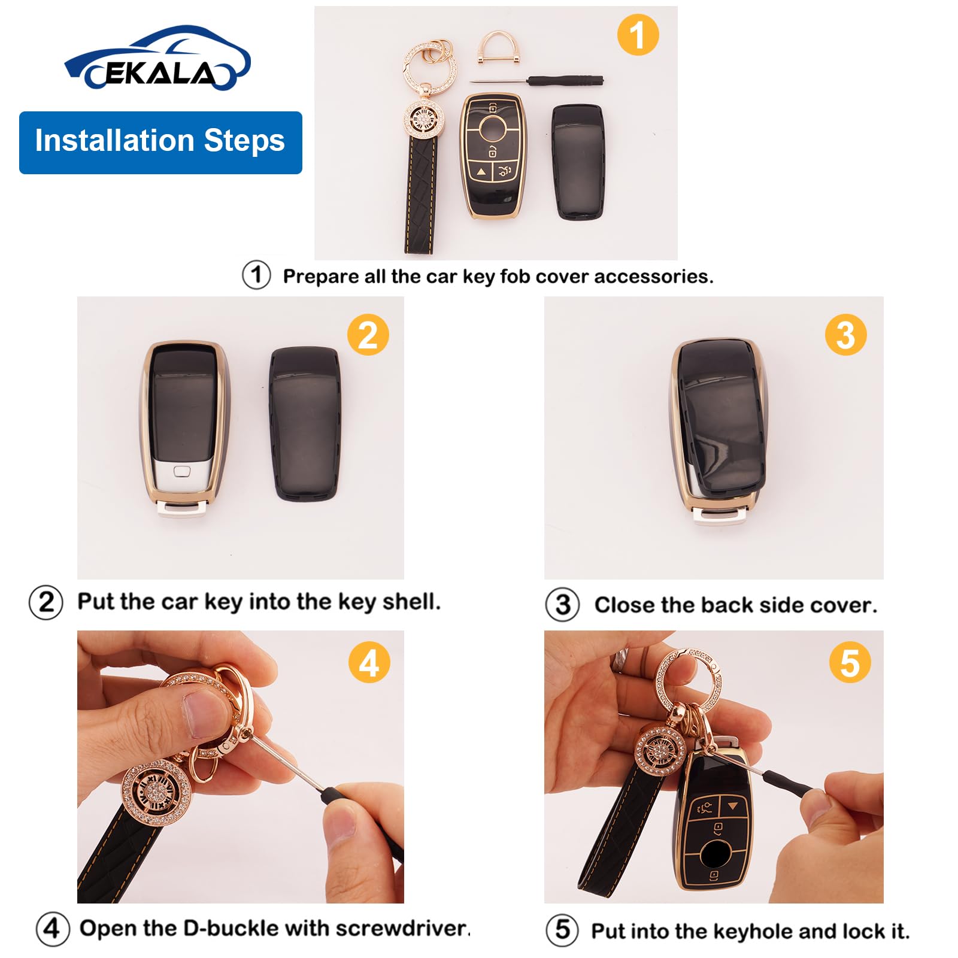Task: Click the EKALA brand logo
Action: [157, 60]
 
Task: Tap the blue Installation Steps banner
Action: [160, 143]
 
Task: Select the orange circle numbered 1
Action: [638, 35]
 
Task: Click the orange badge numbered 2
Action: [368, 335]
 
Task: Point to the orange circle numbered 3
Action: [845, 335]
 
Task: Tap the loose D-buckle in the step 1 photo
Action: [495, 48]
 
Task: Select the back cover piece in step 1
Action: [577, 162]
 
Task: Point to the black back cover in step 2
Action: [305, 424]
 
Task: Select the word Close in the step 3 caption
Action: [623, 605]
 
